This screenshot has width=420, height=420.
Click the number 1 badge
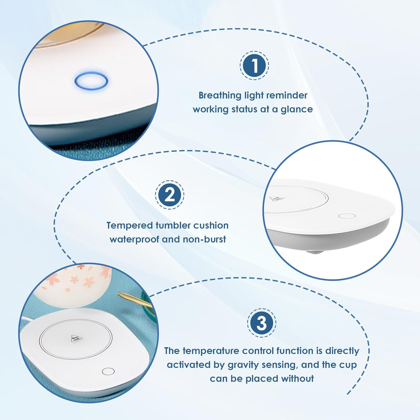coord(254,66)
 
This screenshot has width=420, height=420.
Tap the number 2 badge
coord(170,195)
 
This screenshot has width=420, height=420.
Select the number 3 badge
coord(262,323)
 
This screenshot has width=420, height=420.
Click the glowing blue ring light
coord(91,81)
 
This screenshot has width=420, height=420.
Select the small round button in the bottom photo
coord(108,371)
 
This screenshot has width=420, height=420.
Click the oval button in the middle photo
coord(347,216)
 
